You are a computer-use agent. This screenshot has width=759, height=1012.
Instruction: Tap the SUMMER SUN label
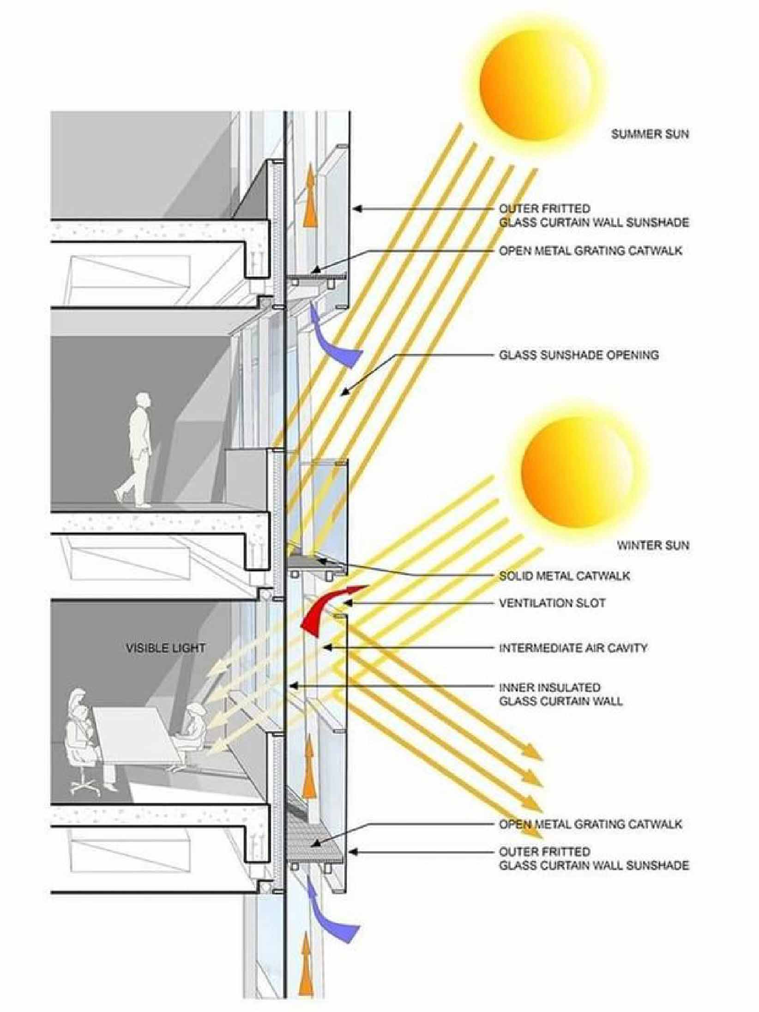(650, 134)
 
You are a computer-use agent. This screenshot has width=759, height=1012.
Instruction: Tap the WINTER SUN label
(653, 545)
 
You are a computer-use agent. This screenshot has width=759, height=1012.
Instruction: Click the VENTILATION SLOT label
(552, 603)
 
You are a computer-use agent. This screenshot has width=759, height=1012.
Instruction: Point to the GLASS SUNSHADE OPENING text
(579, 355)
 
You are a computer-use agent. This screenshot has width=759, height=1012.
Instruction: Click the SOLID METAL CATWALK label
(565, 576)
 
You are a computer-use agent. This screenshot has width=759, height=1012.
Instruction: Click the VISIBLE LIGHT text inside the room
(166, 648)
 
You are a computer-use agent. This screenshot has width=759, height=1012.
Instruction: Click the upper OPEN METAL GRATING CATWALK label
(590, 251)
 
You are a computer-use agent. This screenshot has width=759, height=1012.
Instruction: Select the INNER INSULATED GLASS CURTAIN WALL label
(561, 694)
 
